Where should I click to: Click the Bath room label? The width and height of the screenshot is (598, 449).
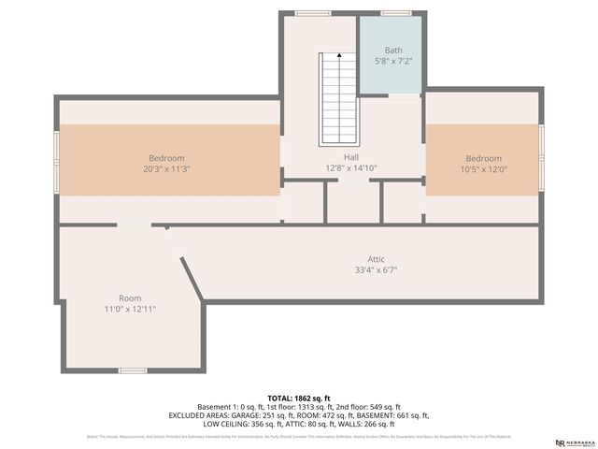(x=392, y=49)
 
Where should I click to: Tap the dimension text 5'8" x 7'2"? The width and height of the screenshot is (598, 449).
(x=392, y=61)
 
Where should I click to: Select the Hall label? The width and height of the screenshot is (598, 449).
(x=325, y=157)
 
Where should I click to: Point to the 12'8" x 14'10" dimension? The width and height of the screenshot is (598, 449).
(x=325, y=168)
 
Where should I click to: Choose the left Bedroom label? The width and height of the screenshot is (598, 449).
(x=166, y=158)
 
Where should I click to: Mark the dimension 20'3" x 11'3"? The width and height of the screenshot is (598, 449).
(x=166, y=169)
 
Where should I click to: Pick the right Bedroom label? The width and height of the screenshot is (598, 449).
(x=484, y=158)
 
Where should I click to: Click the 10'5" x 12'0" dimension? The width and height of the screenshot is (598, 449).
(x=484, y=169)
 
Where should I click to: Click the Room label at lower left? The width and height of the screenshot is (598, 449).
(x=130, y=298)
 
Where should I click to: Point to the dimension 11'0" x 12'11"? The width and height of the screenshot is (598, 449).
(x=130, y=310)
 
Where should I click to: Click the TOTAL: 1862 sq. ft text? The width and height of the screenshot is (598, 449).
(x=299, y=398)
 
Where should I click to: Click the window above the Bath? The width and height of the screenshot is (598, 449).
(x=395, y=13)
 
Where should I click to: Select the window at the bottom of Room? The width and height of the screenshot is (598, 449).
(x=132, y=370)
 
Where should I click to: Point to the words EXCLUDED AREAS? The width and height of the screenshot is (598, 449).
(x=201, y=415)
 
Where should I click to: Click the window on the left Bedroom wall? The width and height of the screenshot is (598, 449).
(x=56, y=161)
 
